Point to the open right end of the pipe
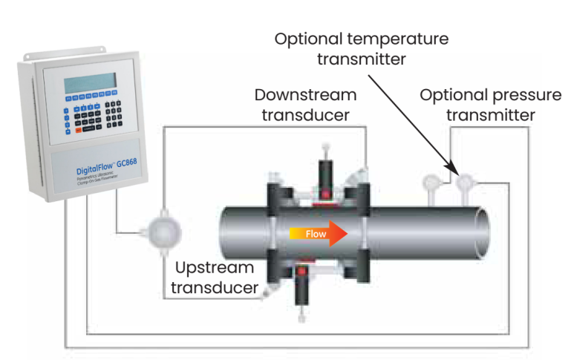click(480, 231)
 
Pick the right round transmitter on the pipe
click(466, 182)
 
